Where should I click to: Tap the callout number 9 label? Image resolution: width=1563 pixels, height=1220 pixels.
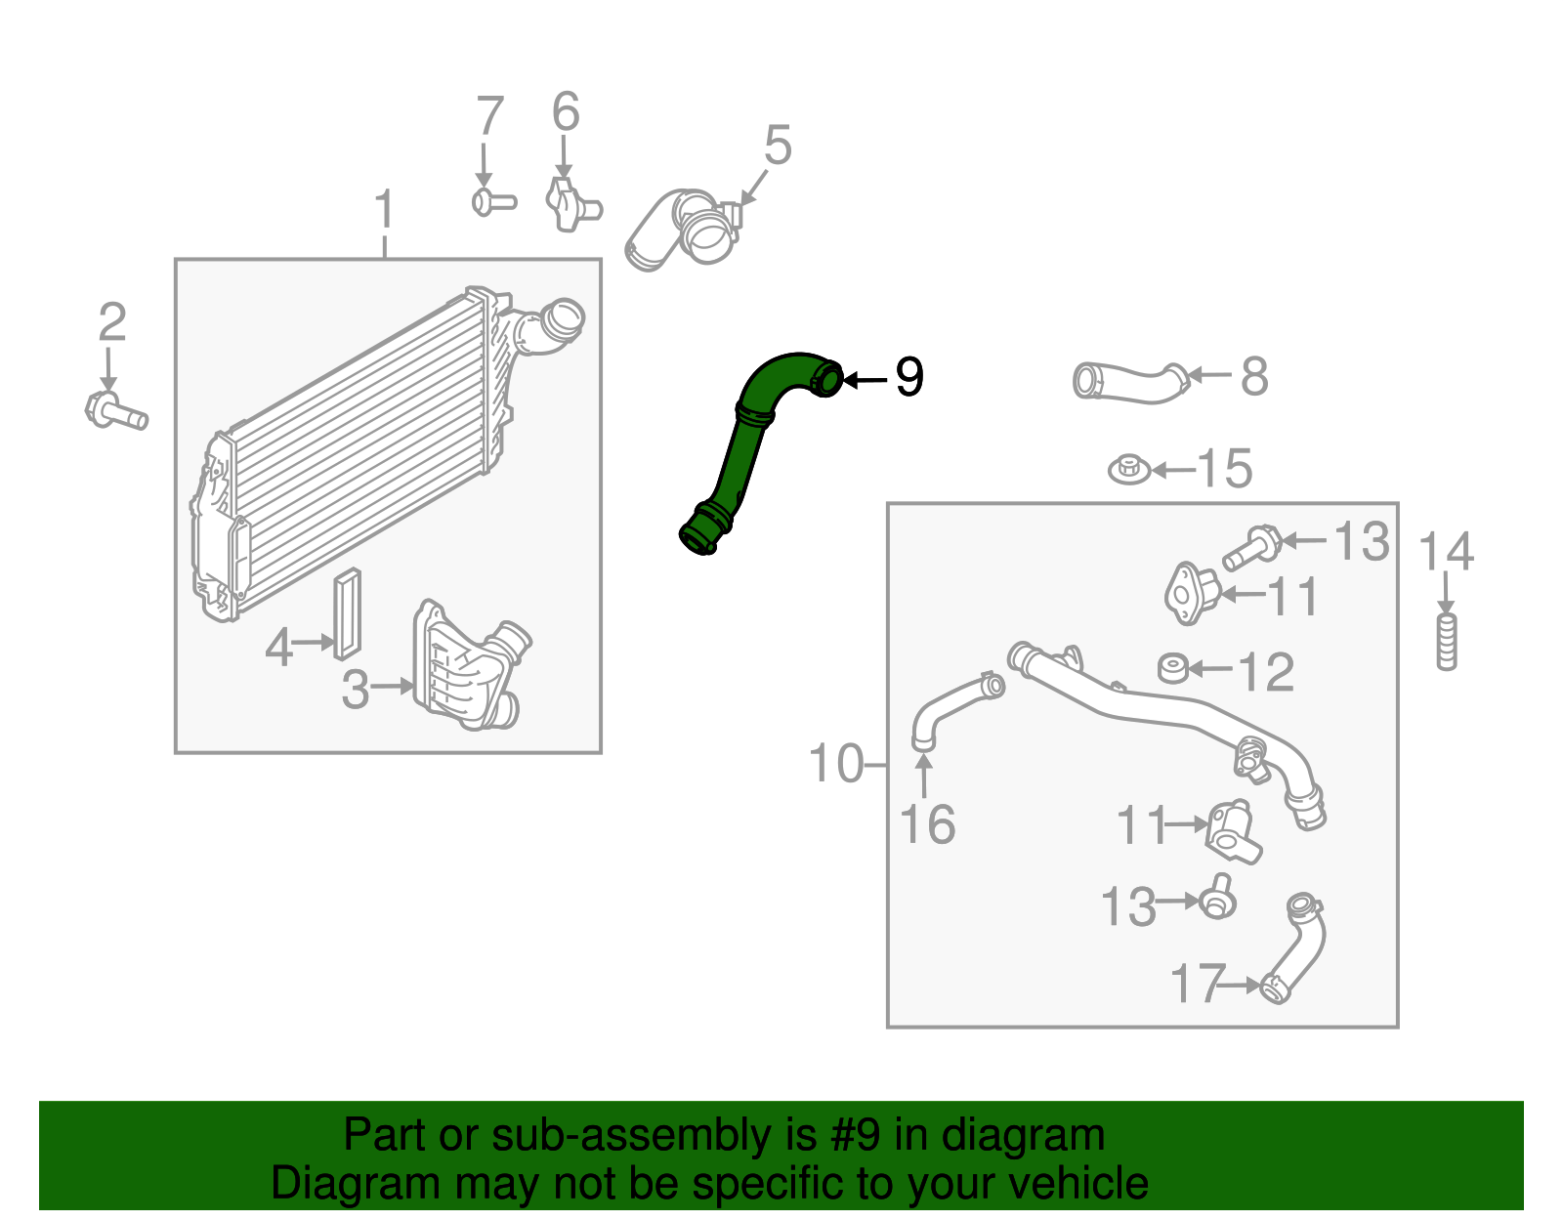908,377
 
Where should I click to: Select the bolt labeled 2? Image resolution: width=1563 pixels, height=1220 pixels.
115,409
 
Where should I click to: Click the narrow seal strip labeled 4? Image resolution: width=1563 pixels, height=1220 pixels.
347,614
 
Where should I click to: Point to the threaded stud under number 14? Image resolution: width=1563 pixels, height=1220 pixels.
1447,641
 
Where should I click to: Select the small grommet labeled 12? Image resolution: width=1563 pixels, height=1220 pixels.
1172,668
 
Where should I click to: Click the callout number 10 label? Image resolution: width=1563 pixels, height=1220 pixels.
836,763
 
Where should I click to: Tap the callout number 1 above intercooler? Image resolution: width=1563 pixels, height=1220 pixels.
385,210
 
